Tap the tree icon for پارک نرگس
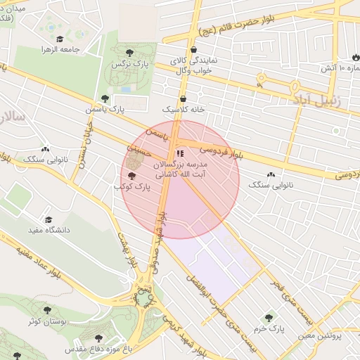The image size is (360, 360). point(128,52)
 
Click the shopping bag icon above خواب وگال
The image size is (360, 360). point(193,49)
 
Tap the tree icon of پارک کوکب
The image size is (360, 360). point(132,176)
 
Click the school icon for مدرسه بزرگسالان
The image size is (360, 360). point(181,152)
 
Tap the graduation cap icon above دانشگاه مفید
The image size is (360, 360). point(48,219)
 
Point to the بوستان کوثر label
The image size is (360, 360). point(47,321)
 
